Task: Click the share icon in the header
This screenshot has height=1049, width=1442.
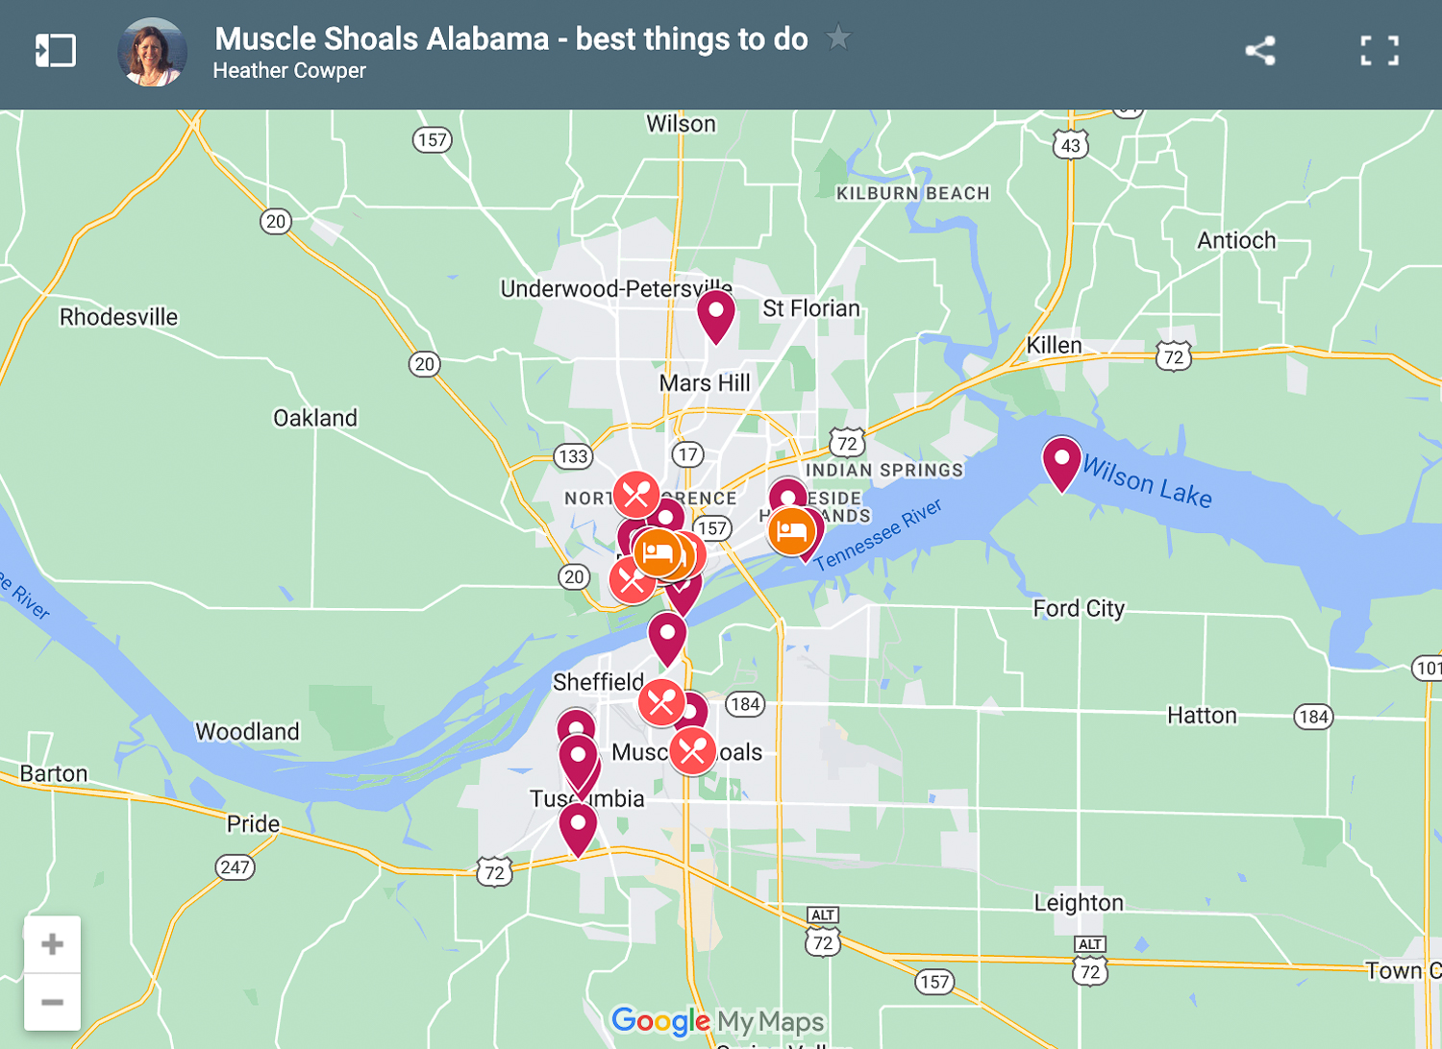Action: [x=1259, y=51]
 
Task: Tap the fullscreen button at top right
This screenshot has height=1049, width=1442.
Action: [x=1380, y=51]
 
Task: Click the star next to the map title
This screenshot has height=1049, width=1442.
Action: [x=838, y=38]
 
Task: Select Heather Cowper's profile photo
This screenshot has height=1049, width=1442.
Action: [x=152, y=52]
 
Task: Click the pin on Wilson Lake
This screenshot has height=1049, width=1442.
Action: [x=1061, y=461]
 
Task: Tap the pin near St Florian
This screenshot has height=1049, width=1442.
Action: [x=716, y=315]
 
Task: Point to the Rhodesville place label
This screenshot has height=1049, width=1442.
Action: [x=118, y=317]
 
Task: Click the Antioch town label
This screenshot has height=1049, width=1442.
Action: [x=1236, y=240]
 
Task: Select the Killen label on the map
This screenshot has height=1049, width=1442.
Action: [x=1054, y=345]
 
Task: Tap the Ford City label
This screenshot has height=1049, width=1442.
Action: [x=1079, y=608]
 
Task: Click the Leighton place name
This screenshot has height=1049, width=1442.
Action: [x=1079, y=902]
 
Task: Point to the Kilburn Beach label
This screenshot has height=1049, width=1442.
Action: [x=912, y=193]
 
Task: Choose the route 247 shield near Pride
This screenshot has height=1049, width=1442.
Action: [x=235, y=867]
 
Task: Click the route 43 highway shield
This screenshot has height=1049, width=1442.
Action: [x=1071, y=145]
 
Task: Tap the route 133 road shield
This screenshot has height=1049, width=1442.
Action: [x=573, y=456]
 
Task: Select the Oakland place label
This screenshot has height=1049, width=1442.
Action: [x=315, y=418]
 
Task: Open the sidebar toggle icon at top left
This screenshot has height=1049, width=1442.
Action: [x=55, y=51]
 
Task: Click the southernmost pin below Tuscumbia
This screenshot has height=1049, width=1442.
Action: [x=578, y=827]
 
